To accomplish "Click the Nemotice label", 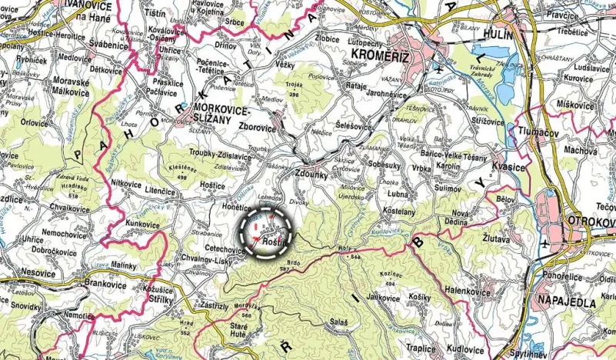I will pyautogui.click(x=79, y=315).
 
